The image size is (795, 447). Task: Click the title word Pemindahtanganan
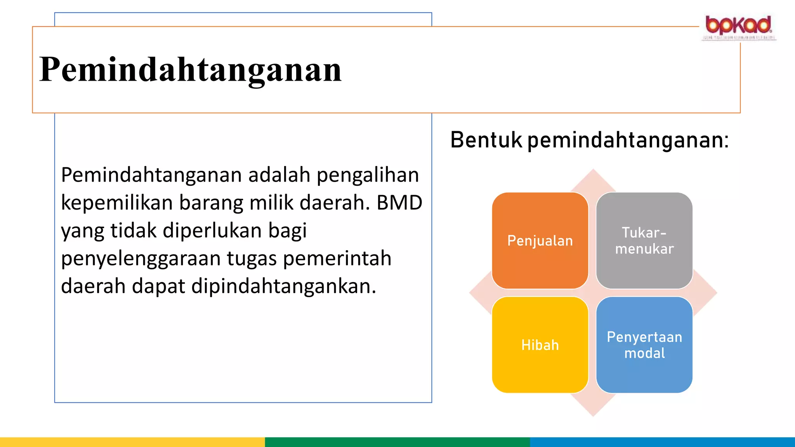(x=190, y=70)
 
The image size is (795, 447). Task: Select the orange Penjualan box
(x=540, y=241)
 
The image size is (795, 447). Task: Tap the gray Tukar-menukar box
(x=644, y=241)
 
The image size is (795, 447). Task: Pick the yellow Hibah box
(x=540, y=345)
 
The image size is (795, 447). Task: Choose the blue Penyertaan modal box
(x=644, y=345)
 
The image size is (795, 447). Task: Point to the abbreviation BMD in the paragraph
(x=399, y=203)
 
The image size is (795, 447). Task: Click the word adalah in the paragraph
(x=279, y=175)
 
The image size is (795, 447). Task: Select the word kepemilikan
(x=116, y=203)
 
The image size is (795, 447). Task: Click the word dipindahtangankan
(x=283, y=286)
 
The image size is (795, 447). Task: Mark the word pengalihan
(x=368, y=175)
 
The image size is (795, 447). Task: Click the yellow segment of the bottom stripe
(x=132, y=442)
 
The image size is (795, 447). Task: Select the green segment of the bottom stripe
(x=397, y=442)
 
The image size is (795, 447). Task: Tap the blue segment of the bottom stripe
(x=662, y=442)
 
